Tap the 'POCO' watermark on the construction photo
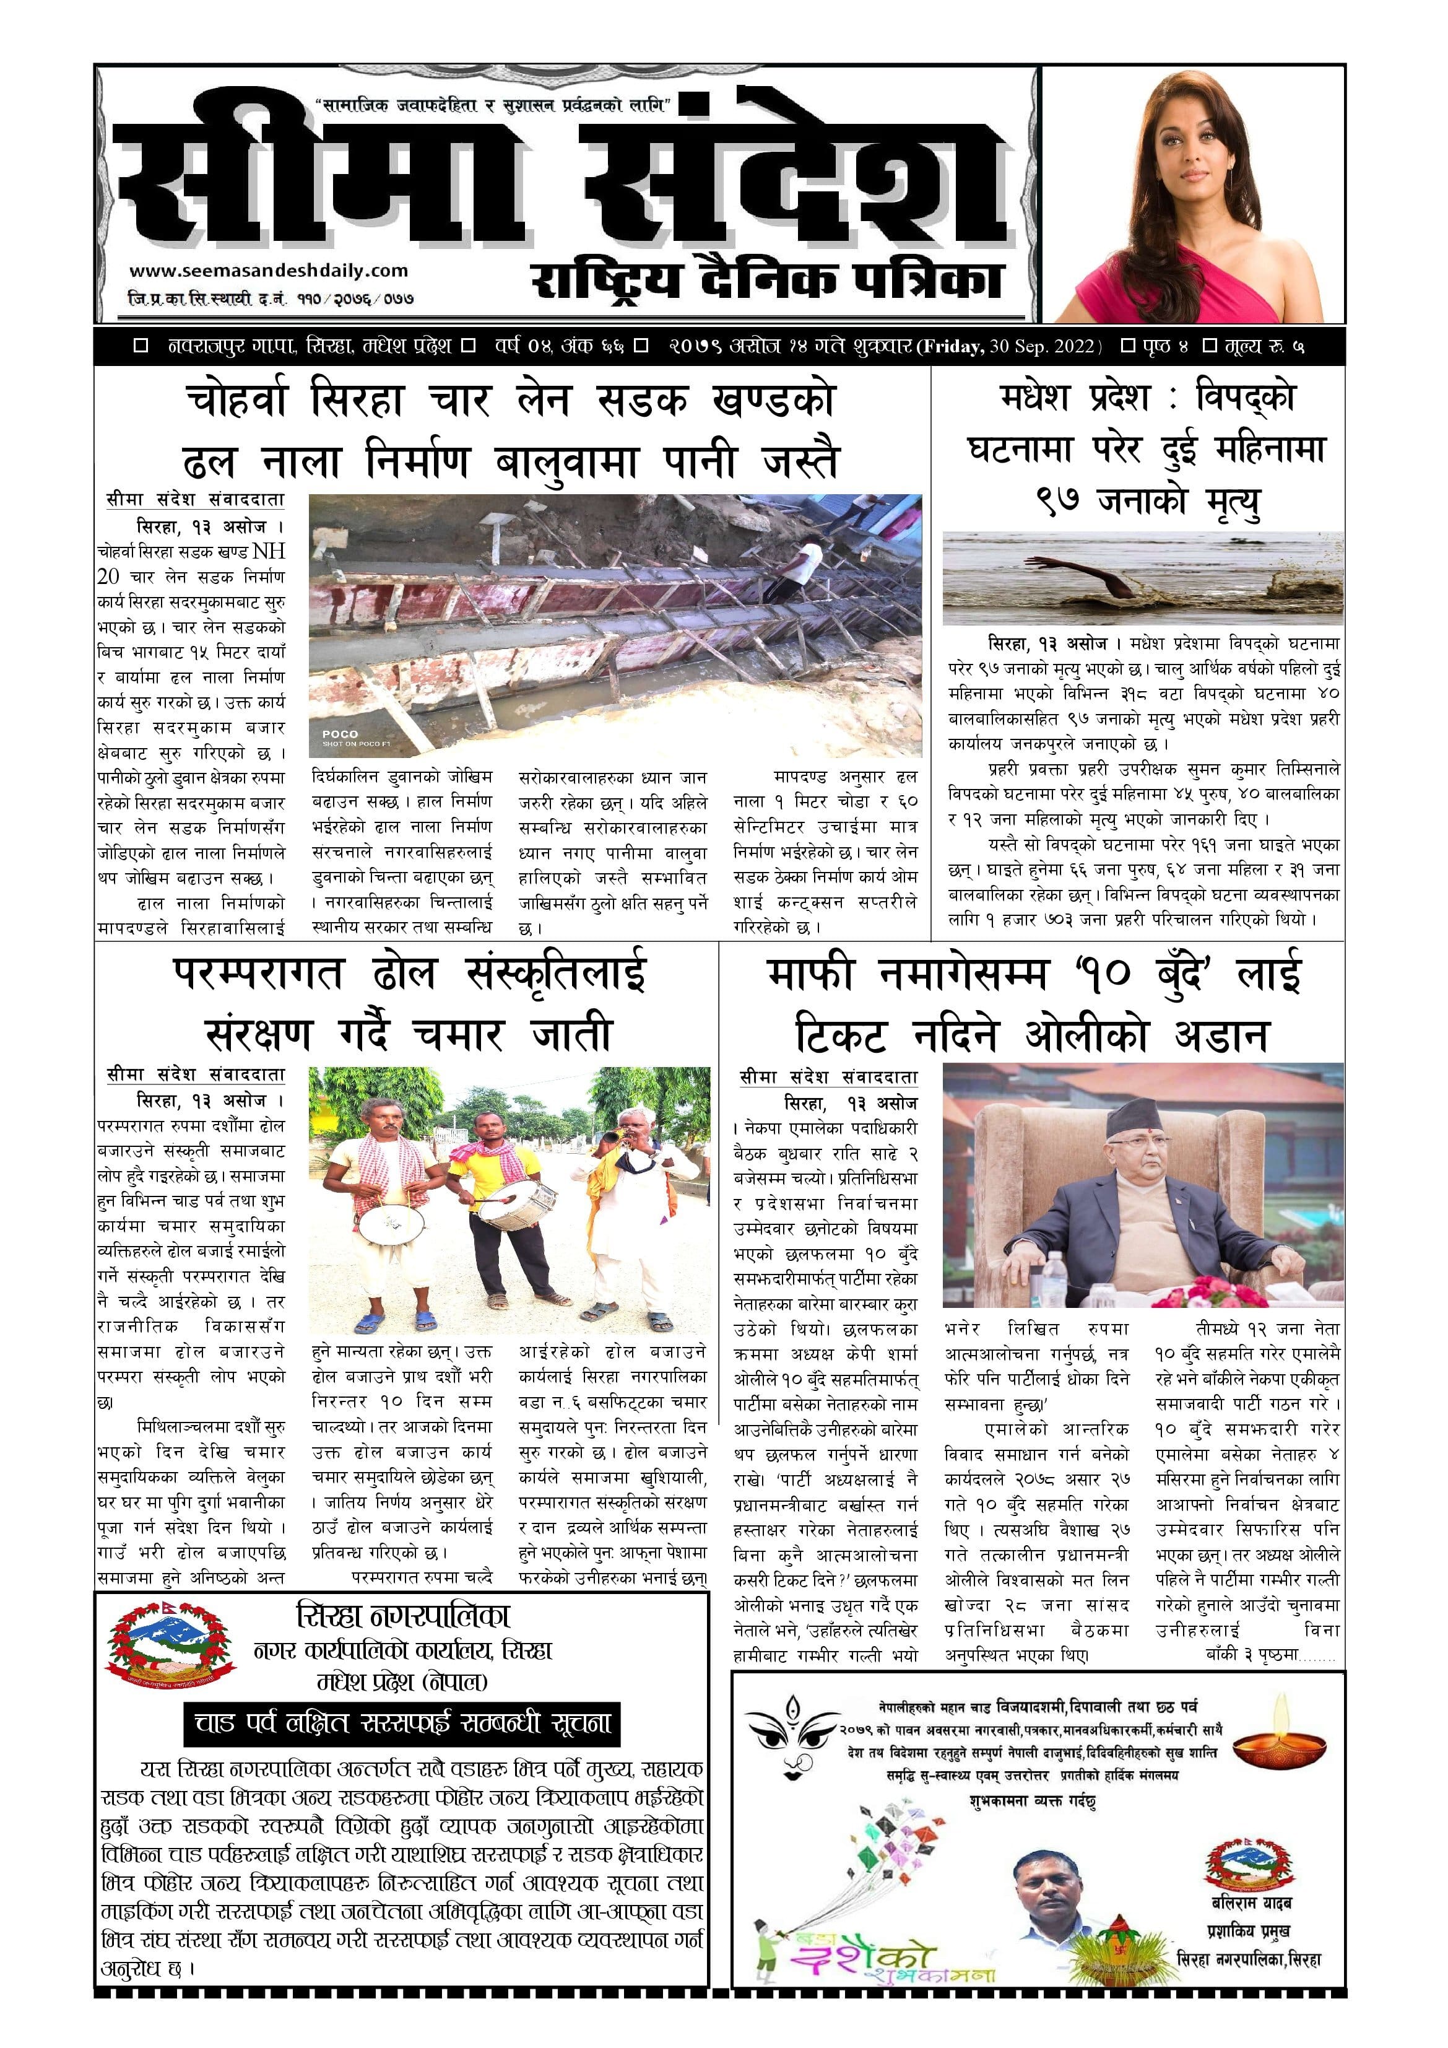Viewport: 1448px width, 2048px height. tap(340, 734)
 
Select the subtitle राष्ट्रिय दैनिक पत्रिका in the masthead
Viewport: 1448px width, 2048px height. tap(768, 282)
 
